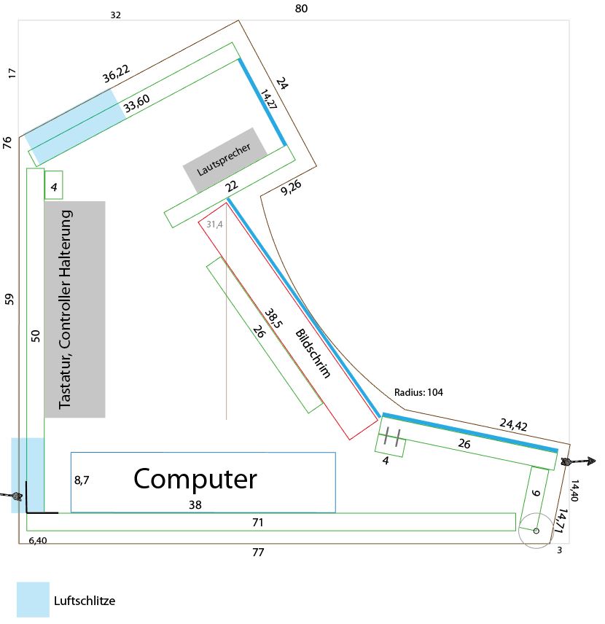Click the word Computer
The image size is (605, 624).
tap(195, 479)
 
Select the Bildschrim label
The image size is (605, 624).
tap(313, 354)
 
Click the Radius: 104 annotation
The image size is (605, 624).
tap(418, 392)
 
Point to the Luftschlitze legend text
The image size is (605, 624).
tap(85, 601)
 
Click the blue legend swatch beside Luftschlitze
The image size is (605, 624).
tap(33, 599)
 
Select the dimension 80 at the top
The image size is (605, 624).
tap(301, 9)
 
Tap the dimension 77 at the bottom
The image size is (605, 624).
tap(257, 553)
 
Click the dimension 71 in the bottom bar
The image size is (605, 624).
tap(257, 522)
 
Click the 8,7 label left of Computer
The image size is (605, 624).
tap(82, 480)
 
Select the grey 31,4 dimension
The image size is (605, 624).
tap(214, 225)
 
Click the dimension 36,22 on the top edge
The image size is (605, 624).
tap(117, 74)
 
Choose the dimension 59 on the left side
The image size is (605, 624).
tap(9, 299)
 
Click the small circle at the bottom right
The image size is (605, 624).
tap(536, 531)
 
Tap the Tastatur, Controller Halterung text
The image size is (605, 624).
tap(66, 309)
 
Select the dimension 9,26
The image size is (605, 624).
tap(290, 188)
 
